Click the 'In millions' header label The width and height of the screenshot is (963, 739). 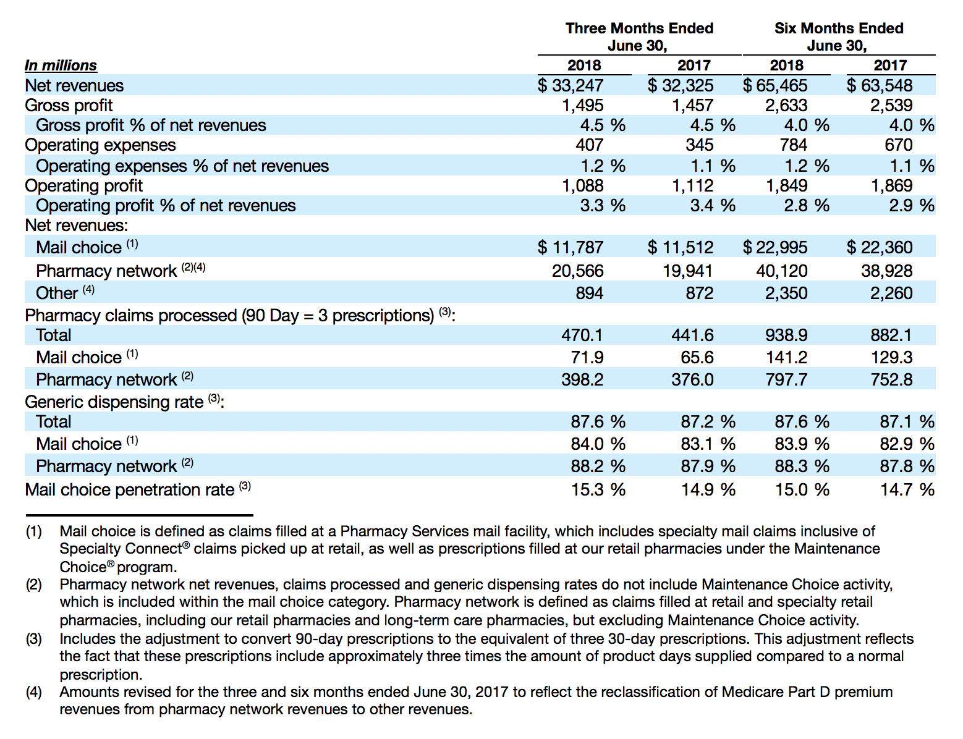(x=61, y=65)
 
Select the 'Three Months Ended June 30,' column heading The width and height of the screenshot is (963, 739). (x=639, y=37)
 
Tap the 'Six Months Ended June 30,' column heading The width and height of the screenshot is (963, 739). (x=839, y=37)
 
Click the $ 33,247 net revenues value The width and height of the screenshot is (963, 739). (x=571, y=85)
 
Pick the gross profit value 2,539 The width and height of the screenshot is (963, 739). (x=891, y=105)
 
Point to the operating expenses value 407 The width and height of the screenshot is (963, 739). (x=590, y=145)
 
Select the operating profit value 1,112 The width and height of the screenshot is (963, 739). (x=692, y=185)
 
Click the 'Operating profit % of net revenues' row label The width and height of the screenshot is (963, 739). (x=166, y=206)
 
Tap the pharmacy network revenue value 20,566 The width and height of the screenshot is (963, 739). (x=577, y=271)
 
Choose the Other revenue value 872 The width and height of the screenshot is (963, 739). (x=699, y=293)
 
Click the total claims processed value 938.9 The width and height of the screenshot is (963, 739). (x=786, y=335)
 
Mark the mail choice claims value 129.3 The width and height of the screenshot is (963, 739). (x=892, y=357)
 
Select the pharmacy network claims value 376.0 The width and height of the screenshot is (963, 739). (x=692, y=379)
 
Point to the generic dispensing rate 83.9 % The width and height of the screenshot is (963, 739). (x=802, y=444)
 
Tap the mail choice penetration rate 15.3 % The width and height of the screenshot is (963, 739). (x=598, y=489)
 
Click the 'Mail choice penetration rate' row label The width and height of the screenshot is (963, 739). (x=129, y=489)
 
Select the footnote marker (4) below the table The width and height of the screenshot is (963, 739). (x=33, y=692)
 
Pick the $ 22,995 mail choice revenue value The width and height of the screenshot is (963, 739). (x=775, y=247)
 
